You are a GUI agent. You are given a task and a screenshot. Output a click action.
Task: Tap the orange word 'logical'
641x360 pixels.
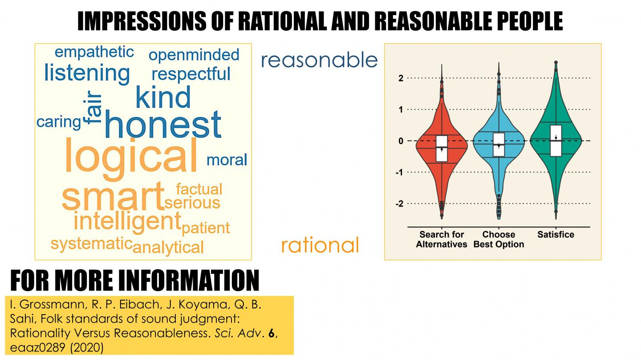coord(131,155)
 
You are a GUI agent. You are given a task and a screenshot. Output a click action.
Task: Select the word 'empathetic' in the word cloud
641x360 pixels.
coord(94,52)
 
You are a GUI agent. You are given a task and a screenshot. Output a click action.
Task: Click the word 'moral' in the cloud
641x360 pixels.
coord(227,160)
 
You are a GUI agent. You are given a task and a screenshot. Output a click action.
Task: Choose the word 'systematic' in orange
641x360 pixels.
coord(91,243)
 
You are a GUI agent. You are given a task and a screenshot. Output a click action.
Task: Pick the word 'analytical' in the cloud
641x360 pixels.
coord(168,247)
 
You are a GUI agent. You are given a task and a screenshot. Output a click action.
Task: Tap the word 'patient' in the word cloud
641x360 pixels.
coord(206,228)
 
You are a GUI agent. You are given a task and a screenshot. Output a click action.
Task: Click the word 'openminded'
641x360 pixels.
coord(194,55)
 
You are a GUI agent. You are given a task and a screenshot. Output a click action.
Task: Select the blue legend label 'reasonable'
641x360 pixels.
coord(319,60)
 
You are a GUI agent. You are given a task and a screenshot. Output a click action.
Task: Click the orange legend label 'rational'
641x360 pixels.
coord(320,245)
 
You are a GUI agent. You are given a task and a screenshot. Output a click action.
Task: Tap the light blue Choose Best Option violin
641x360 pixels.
coord(499,169)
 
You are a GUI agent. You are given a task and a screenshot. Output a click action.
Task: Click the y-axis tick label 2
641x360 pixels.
coord(400,78)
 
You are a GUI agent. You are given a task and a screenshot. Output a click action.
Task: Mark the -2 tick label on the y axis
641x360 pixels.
coord(399,204)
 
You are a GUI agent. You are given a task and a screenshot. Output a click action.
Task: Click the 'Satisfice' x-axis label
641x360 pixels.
coord(556,235)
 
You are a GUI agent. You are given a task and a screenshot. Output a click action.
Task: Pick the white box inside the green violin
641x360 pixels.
coord(556,141)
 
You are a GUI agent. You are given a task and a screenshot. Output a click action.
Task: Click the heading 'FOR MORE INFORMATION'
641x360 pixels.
coord(134,280)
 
